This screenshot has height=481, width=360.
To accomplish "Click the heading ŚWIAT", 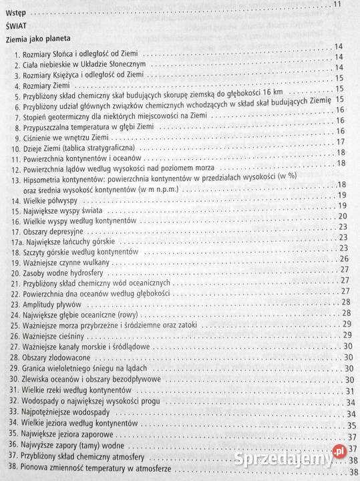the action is tap(17, 26).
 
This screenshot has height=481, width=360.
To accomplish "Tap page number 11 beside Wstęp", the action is tap(337, 6).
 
